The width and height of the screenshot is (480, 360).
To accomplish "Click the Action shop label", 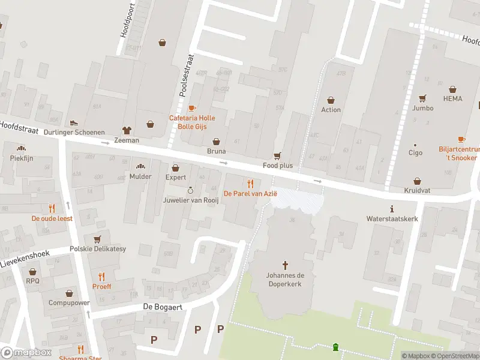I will [331, 110].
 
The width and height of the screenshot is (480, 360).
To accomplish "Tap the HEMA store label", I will [453, 98].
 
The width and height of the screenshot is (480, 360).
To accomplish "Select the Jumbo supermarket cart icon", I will [422, 98].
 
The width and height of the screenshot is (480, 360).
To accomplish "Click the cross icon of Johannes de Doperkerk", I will [285, 265].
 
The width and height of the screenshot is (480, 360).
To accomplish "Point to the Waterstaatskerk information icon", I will [392, 209].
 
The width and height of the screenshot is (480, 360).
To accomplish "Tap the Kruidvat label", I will [418, 190].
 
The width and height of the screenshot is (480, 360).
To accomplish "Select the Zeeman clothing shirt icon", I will [127, 130].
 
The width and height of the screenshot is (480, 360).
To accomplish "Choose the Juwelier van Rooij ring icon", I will [190, 190].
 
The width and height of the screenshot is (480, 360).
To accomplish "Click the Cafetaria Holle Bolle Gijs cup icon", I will [191, 109].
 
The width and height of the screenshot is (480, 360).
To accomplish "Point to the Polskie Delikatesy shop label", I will [97, 248].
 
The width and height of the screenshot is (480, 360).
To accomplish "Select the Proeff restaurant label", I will [101, 286].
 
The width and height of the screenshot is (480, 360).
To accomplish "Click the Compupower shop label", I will [69, 302].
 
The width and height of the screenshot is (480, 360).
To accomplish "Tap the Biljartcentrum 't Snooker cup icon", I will [461, 139].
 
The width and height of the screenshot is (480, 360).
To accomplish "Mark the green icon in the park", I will [335, 347].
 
